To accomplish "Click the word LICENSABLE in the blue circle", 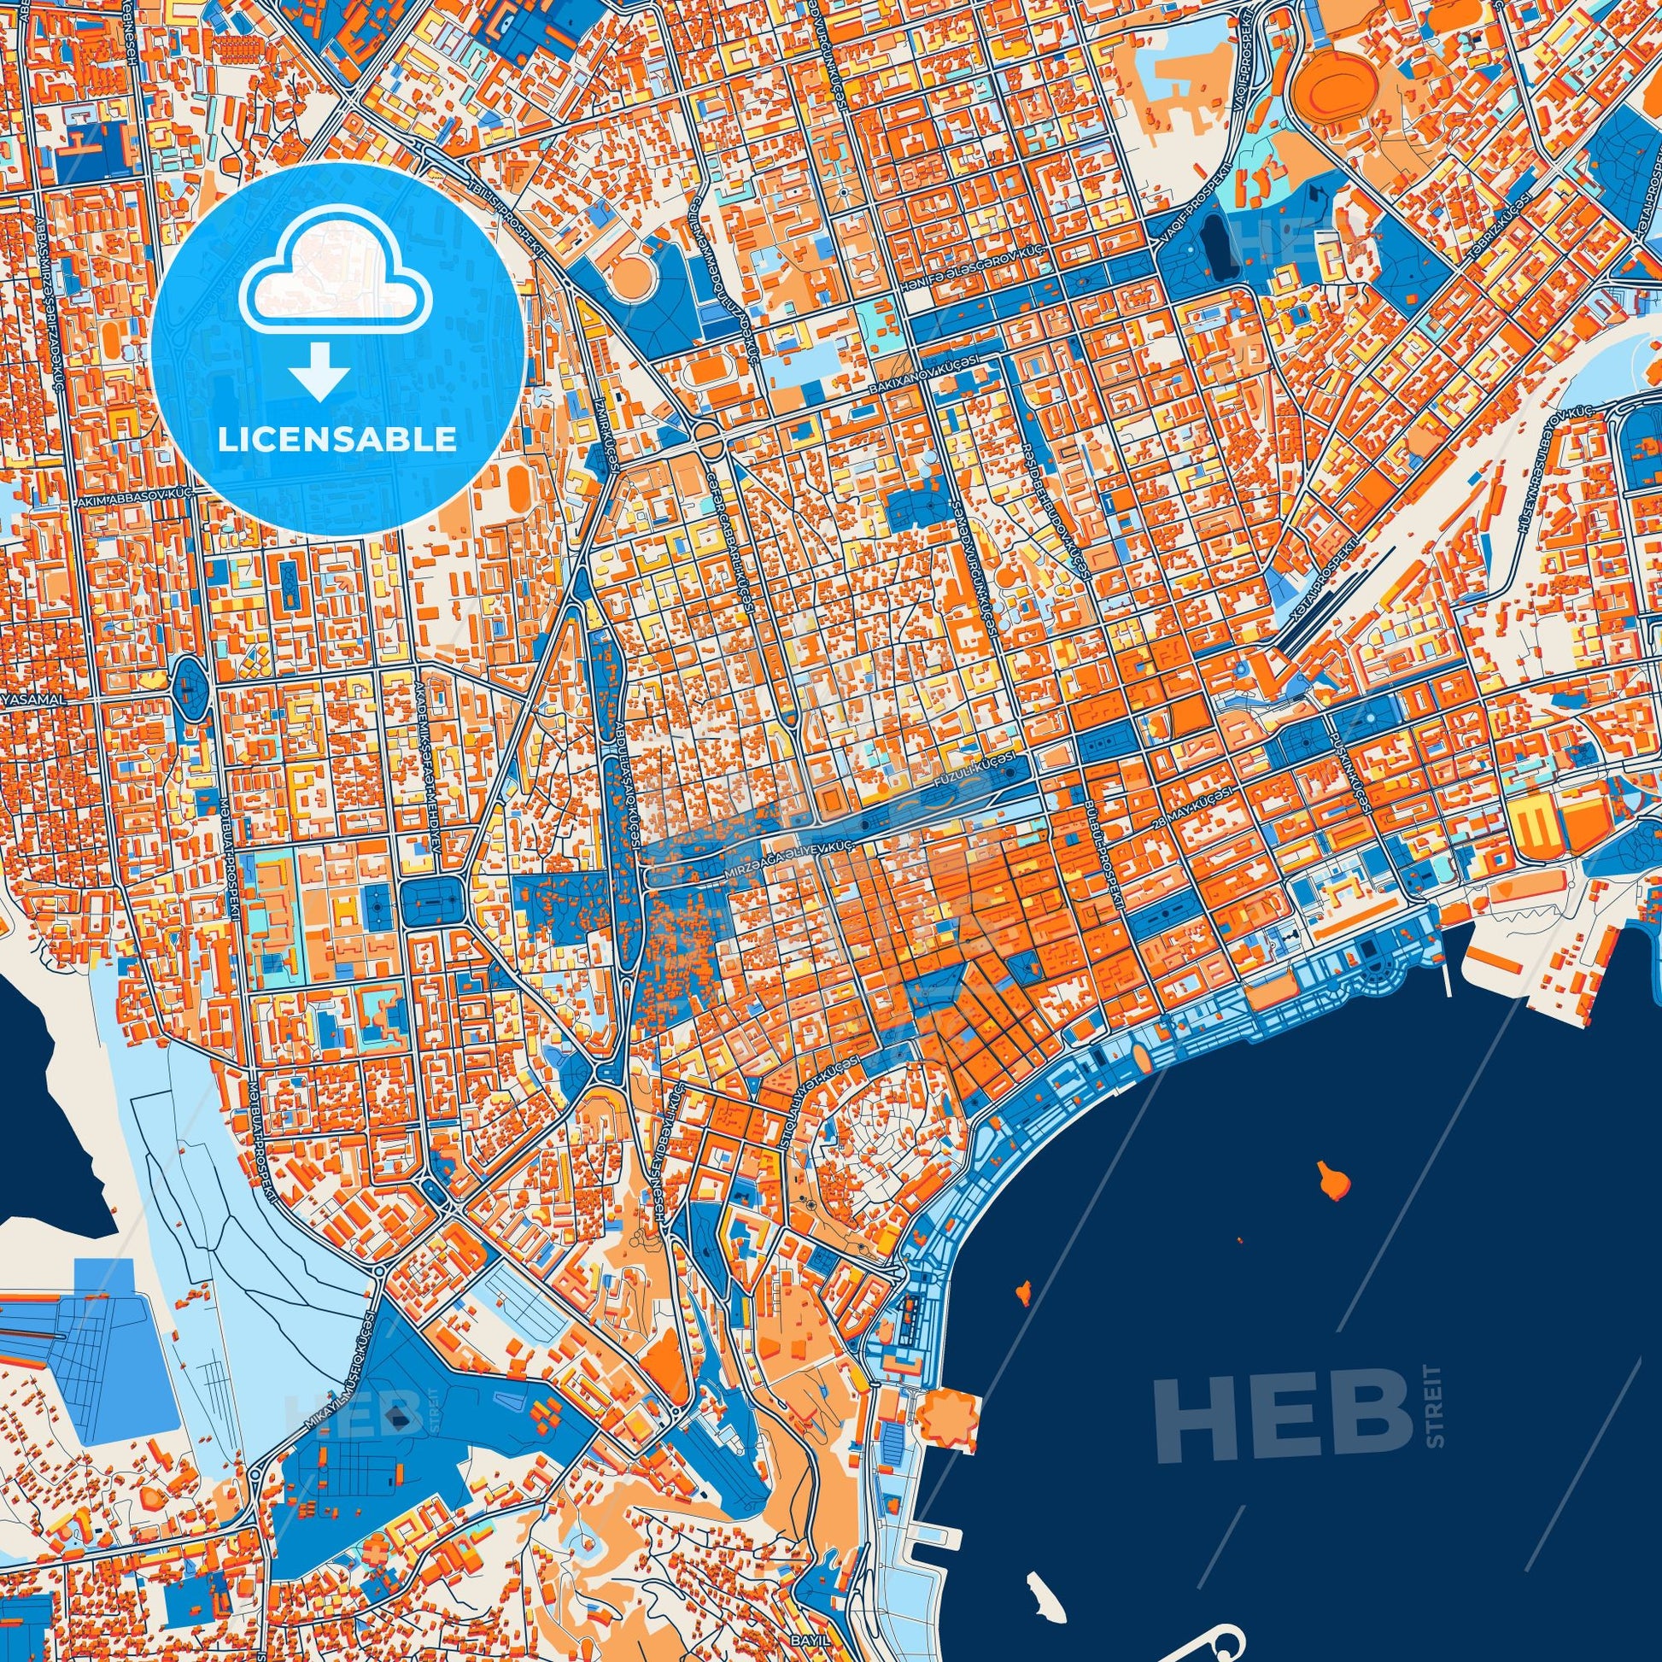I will [337, 440].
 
